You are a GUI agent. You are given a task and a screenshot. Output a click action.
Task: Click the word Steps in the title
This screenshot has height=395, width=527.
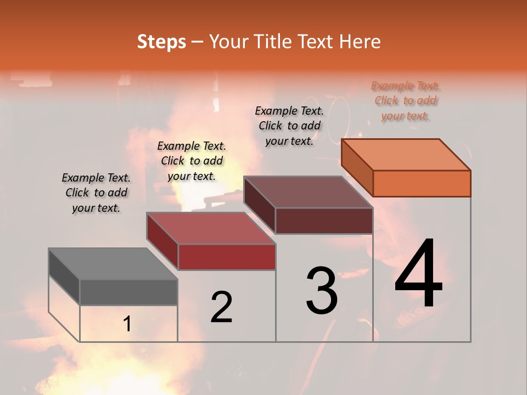[x=161, y=42]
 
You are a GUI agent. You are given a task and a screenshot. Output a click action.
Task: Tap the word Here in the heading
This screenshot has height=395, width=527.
[x=360, y=42]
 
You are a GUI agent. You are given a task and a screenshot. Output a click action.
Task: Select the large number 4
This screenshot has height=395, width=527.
[x=418, y=274]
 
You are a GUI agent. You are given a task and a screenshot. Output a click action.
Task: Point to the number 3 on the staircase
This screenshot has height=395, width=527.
[x=322, y=290]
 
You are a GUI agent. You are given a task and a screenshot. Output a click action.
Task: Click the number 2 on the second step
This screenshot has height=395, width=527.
[x=221, y=307]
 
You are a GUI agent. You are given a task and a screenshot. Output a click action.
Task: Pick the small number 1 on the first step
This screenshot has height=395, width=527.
[x=127, y=324]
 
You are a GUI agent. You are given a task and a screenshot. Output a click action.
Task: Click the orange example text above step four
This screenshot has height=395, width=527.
[x=405, y=101]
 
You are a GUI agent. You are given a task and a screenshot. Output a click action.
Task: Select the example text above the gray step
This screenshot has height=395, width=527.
[x=96, y=193]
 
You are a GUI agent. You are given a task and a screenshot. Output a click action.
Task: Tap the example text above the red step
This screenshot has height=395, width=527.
[x=192, y=161]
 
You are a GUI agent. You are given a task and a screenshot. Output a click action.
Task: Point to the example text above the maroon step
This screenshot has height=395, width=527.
[x=289, y=126]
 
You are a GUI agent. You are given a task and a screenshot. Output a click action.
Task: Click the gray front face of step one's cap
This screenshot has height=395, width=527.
[x=128, y=292]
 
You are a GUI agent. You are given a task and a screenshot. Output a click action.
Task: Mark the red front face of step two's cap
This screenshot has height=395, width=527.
[x=227, y=257]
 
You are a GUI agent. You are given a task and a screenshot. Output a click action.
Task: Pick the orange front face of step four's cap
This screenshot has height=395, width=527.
[x=422, y=183]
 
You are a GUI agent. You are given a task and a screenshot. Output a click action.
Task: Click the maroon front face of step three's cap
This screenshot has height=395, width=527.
[x=324, y=221]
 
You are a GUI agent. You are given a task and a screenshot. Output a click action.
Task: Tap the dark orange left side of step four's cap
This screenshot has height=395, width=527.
[x=357, y=167]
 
